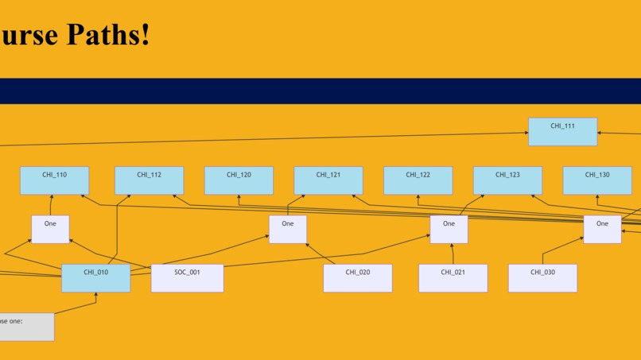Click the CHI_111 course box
(x=562, y=131)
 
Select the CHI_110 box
(x=54, y=180)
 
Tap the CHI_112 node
(x=149, y=180)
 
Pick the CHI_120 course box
(x=239, y=180)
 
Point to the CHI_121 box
(x=328, y=180)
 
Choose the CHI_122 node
(x=418, y=180)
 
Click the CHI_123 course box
(x=507, y=180)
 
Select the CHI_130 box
(x=597, y=180)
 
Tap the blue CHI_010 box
(x=95, y=278)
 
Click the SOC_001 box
(x=187, y=278)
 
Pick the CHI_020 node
(x=357, y=278)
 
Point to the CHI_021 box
(x=453, y=278)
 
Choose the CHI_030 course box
(x=542, y=278)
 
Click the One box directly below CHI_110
(x=50, y=229)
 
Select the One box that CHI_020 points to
(x=287, y=229)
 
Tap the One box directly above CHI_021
(x=449, y=229)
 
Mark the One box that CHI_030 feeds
(x=602, y=229)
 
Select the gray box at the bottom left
(x=26, y=327)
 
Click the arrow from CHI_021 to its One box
(x=452, y=254)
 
